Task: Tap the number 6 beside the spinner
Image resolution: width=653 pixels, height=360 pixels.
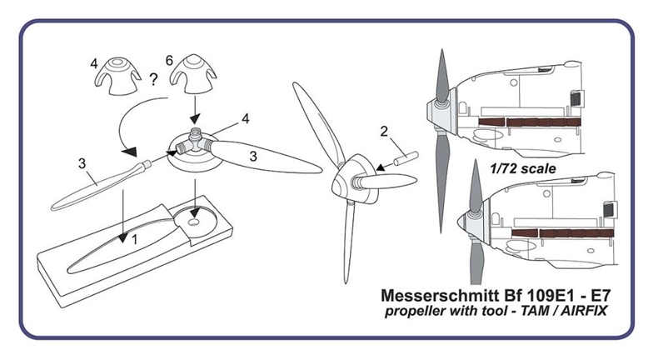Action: [x=169, y=60]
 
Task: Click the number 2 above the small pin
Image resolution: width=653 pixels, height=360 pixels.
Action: [x=383, y=132]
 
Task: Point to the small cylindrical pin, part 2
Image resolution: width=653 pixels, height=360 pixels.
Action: [x=406, y=159]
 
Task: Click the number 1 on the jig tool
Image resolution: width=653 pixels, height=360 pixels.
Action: [x=134, y=240]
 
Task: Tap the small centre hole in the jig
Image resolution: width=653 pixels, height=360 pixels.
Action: [x=193, y=222]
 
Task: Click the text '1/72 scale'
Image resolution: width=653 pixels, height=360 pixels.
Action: [x=523, y=168]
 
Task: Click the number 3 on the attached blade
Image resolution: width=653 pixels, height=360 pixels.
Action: [x=253, y=157]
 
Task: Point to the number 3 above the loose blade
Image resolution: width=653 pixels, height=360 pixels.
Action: [x=82, y=163]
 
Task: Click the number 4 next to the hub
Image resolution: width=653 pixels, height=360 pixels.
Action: [x=245, y=118]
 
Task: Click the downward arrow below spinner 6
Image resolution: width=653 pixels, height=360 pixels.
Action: [x=195, y=109]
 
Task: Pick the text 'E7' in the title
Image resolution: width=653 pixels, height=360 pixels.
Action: [x=600, y=295]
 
